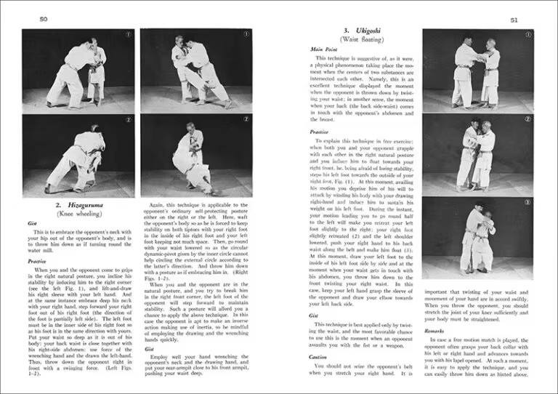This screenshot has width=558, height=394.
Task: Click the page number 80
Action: point(24,19)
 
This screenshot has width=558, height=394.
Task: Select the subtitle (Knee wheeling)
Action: point(81,216)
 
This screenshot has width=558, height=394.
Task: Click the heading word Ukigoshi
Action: point(364,31)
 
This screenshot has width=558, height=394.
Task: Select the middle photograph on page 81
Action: point(477,153)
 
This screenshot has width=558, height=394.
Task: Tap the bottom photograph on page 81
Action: point(477,238)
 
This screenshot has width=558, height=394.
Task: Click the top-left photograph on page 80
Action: point(78,70)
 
